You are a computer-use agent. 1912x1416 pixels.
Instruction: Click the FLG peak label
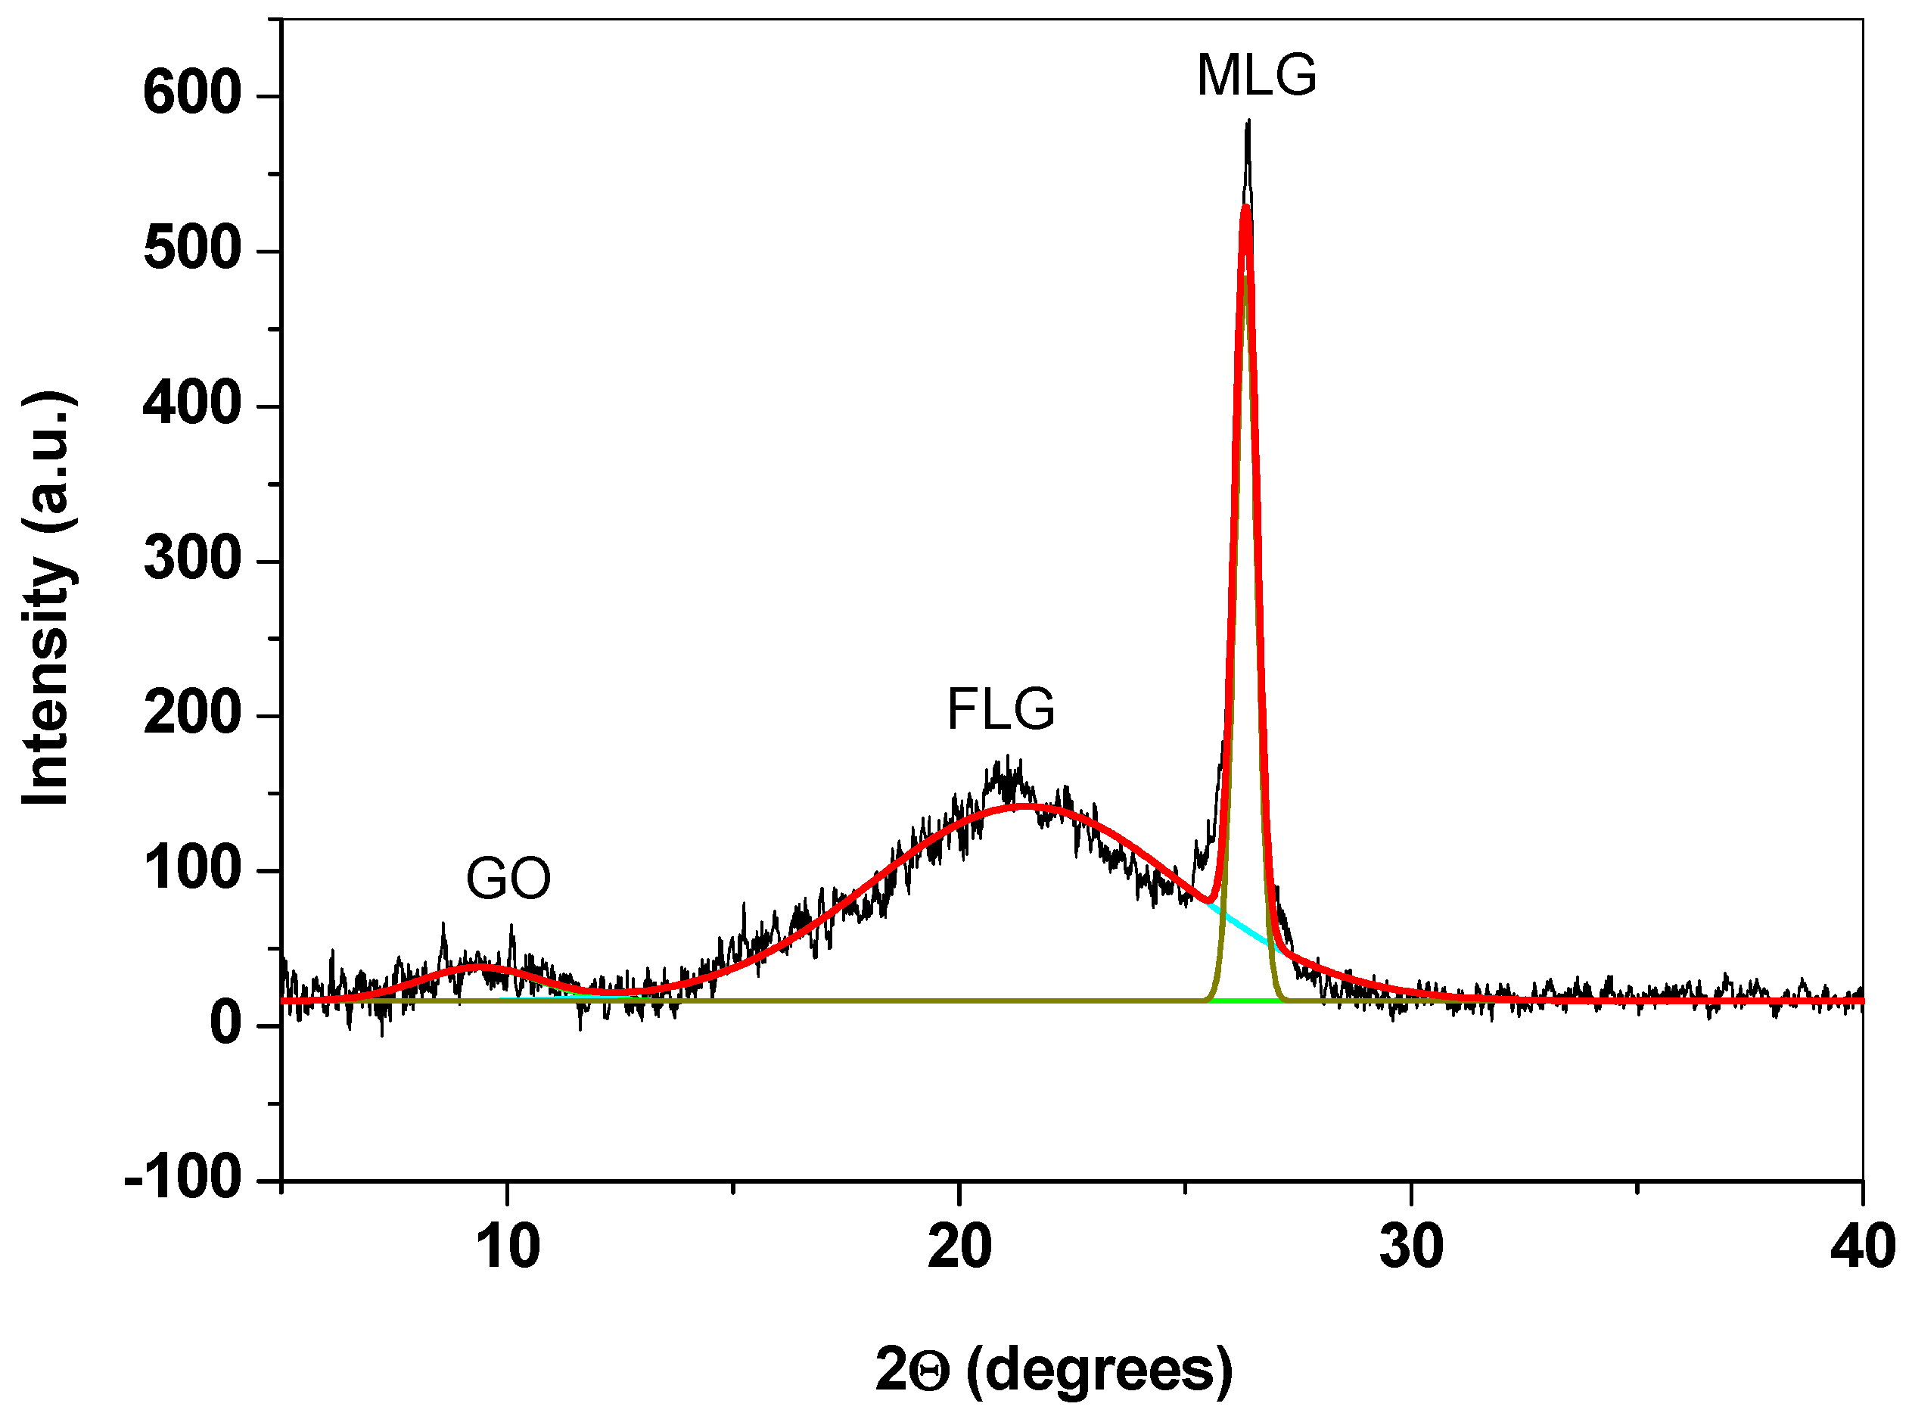tap(1000, 709)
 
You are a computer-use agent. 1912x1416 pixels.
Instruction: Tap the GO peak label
tap(508, 879)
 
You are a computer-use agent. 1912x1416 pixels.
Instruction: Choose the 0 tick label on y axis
tap(226, 1023)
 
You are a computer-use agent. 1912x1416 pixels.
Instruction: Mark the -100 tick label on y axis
tap(182, 1178)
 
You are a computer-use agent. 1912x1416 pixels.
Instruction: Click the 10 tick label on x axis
tap(508, 1247)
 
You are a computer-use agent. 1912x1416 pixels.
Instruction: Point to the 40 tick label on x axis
tap(1861, 1247)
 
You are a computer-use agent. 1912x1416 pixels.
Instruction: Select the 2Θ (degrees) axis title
tap(1054, 1369)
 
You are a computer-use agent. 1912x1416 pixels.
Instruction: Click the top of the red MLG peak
tap(1245, 207)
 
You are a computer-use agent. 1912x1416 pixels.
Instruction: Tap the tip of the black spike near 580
tap(1248, 122)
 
